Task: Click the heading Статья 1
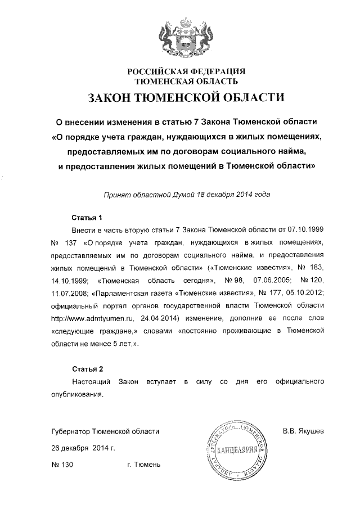pos(87,217)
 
